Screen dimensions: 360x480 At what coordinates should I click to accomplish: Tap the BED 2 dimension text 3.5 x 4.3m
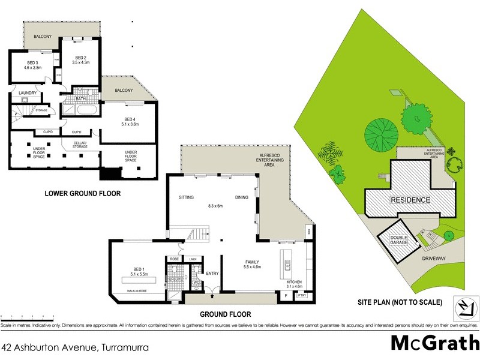point(80,62)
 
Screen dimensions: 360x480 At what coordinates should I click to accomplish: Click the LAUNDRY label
point(28,93)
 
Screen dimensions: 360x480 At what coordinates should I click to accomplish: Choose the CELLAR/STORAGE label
point(80,145)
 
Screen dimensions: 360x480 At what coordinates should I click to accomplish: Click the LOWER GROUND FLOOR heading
point(83,194)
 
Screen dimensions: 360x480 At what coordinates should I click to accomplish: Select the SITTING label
point(187,197)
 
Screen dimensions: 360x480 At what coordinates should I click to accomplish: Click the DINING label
point(242,197)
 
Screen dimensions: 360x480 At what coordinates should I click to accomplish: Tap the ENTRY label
point(212,273)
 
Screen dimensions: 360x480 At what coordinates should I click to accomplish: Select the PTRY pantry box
point(302,295)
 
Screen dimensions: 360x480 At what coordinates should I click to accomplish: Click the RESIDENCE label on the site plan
point(410,200)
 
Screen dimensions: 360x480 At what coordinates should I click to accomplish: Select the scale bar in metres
point(28,316)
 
